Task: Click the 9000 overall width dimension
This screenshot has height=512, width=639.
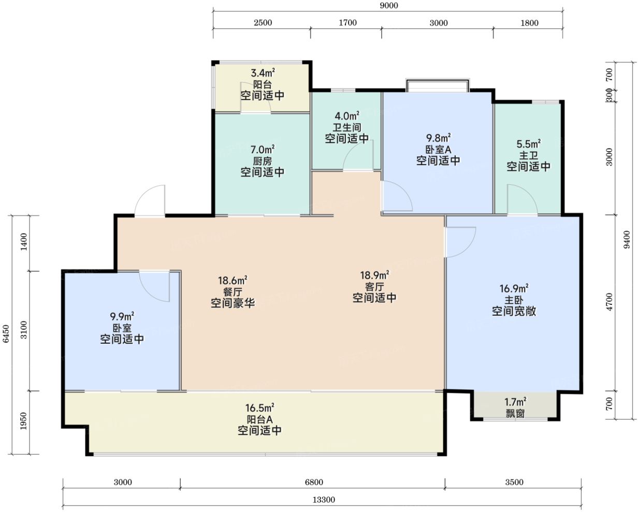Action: [x=389, y=5]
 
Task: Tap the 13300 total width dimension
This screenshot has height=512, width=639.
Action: [x=324, y=500]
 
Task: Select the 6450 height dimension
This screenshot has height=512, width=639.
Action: [x=6, y=334]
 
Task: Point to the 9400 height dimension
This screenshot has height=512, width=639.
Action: [x=627, y=240]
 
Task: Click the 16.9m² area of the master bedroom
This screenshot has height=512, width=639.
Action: [x=514, y=288]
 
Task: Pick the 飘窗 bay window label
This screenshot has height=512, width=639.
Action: [x=515, y=414]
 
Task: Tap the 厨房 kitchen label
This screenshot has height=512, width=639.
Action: [x=263, y=162]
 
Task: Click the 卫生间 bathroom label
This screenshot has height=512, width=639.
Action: [x=347, y=128]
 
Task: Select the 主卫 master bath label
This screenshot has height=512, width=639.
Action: [x=529, y=155]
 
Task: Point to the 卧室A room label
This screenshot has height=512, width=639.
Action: [x=438, y=150]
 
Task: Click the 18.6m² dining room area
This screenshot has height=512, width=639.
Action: [x=233, y=280]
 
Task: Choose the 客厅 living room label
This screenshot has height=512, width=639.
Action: [x=374, y=287]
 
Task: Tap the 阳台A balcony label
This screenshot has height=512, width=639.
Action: [x=259, y=419]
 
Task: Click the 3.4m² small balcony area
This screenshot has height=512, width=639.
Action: [x=263, y=72]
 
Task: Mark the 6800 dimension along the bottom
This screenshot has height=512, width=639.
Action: [x=314, y=482]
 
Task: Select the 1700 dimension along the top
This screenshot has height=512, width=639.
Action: [x=347, y=23]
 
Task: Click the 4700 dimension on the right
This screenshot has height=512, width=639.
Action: [x=609, y=302]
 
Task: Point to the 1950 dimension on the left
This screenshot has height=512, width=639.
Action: [x=24, y=420]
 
